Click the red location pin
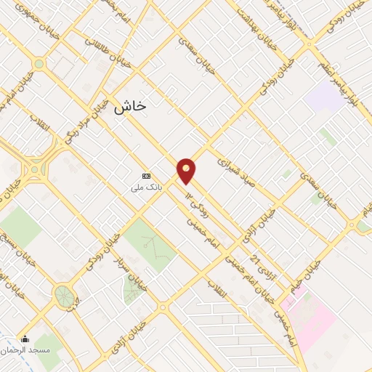pos(187,170)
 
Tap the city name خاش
pos(129,106)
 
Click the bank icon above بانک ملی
pos(147,176)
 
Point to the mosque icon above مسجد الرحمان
pos(25,339)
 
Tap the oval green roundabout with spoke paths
pos(65,296)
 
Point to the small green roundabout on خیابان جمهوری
pos(39,64)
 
